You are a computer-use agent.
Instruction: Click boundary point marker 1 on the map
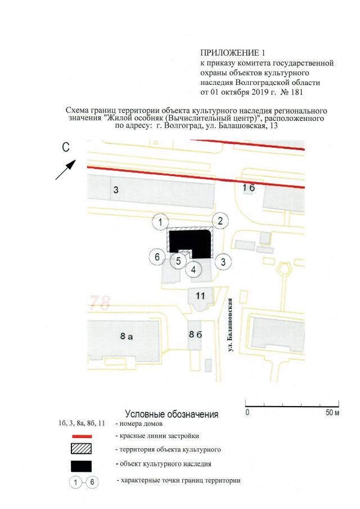tap(160, 222)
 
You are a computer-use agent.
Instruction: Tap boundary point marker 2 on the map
tap(220, 221)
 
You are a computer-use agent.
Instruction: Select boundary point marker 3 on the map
tap(223, 262)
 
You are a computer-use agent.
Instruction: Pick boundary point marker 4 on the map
tap(193, 269)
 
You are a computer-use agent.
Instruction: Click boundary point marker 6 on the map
tap(157, 257)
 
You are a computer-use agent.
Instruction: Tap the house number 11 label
tap(200, 296)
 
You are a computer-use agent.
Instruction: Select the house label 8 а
tap(127, 336)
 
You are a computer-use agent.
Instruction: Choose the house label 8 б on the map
tap(195, 334)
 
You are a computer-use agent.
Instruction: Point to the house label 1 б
tap(249, 187)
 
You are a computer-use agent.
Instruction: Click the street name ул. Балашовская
tap(231, 325)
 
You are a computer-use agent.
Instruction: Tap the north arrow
tap(66, 169)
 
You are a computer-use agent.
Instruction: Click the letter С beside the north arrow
tap(66, 147)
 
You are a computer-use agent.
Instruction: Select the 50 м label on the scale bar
tap(332, 412)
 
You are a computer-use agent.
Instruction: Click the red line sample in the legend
tap(82, 436)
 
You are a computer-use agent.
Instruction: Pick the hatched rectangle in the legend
tap(81, 449)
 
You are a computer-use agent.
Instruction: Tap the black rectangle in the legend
tap(81, 466)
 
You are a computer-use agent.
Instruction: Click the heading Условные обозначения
tap(172, 414)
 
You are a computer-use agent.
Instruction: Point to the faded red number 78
tap(100, 302)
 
